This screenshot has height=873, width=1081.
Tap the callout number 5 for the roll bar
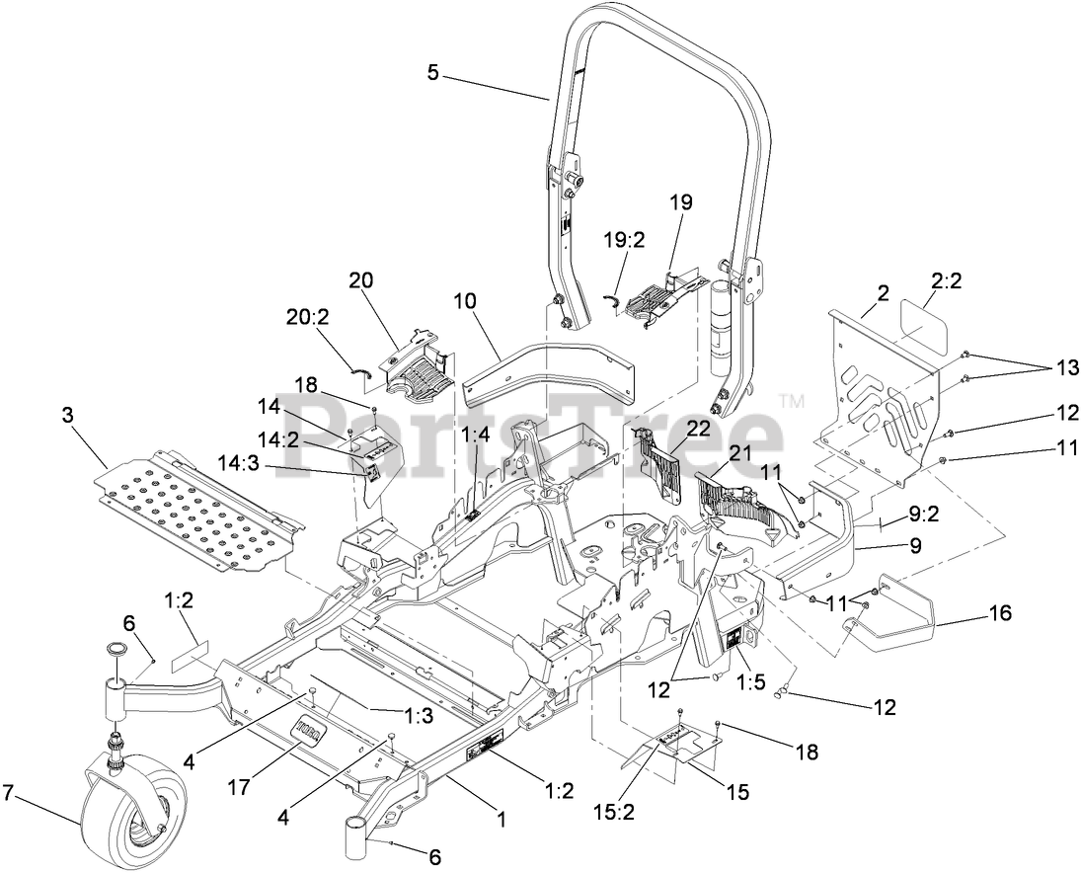tap(433, 73)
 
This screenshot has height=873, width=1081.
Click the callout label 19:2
tap(625, 240)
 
